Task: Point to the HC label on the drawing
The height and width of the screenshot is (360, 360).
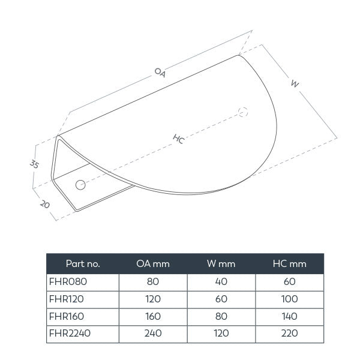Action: click(x=178, y=139)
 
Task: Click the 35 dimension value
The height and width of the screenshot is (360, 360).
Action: click(x=35, y=163)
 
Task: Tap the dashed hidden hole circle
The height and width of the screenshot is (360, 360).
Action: click(x=243, y=112)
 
